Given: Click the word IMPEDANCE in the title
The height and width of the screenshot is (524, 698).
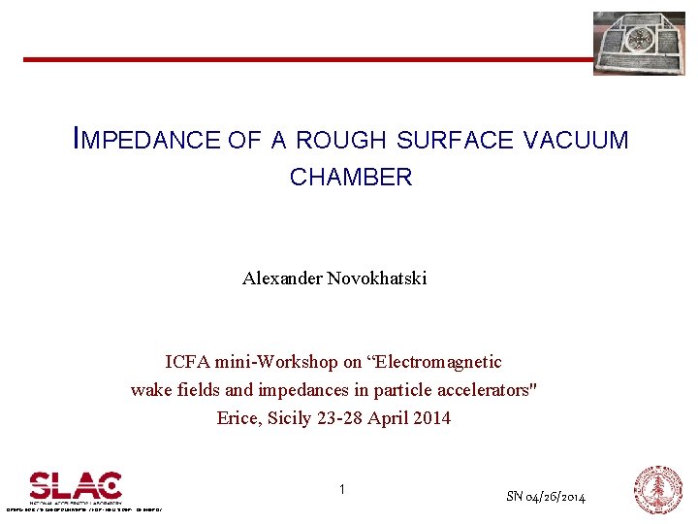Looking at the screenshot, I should [x=147, y=140].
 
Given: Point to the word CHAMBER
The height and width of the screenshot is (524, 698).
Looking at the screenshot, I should [x=351, y=178].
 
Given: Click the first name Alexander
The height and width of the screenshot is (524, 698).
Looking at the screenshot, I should [x=282, y=278].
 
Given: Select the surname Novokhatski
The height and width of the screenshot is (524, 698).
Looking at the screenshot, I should [x=376, y=278].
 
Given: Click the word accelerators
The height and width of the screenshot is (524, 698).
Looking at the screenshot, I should [x=488, y=390].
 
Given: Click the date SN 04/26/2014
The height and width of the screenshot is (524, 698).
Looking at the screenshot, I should [x=546, y=497].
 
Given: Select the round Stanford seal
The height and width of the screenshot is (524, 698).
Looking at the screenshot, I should [x=658, y=489].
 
